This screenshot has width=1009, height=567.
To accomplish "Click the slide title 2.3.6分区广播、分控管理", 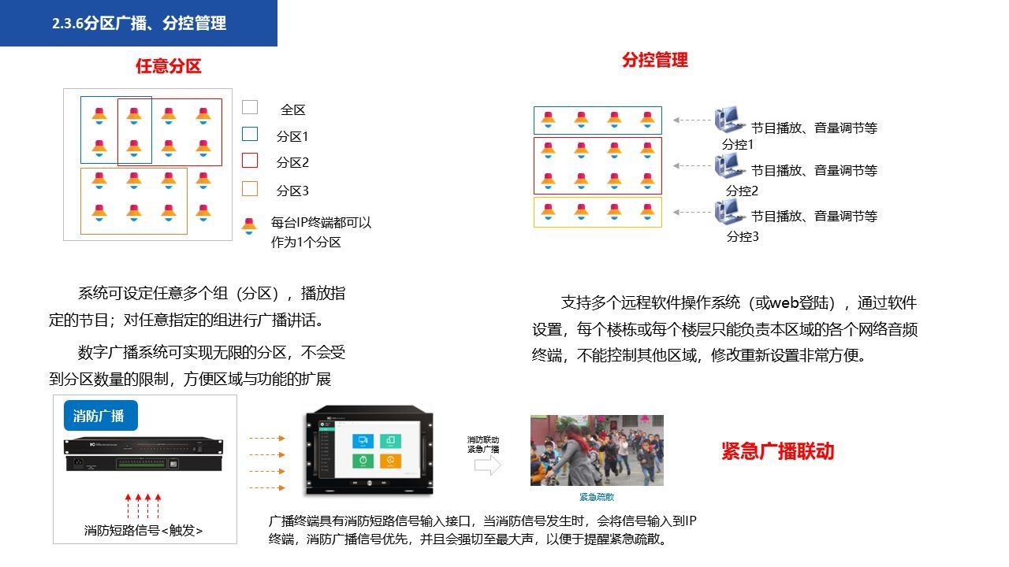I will point(139,24).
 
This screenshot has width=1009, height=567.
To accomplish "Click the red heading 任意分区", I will point(168,66).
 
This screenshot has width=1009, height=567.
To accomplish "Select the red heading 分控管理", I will point(654,60).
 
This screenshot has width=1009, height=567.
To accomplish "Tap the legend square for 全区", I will point(249,107).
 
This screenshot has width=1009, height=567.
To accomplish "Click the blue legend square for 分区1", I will point(249,134).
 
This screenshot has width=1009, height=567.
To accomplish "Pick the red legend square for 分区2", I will point(249,161).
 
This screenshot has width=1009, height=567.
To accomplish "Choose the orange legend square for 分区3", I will point(249,188).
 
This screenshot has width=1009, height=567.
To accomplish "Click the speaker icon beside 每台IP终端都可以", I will point(249,226).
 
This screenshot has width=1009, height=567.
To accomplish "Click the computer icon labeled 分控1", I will point(729,120).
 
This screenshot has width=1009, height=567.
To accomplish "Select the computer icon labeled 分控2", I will point(729,166).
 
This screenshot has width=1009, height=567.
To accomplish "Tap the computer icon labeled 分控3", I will point(729,212).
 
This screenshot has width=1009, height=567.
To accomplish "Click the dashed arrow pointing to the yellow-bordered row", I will point(693,212).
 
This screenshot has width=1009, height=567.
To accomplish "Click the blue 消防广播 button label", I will point(99,416).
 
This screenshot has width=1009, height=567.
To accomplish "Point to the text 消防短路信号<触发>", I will point(143,531).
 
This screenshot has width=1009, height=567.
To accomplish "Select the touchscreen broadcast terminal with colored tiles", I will point(369,451).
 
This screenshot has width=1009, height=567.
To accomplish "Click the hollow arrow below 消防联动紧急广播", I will point(488,466).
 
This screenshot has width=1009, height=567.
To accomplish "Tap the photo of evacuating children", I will point(597,450).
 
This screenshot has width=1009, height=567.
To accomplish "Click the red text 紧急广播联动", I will point(777,451).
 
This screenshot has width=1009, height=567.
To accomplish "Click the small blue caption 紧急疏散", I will point(597,497).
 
